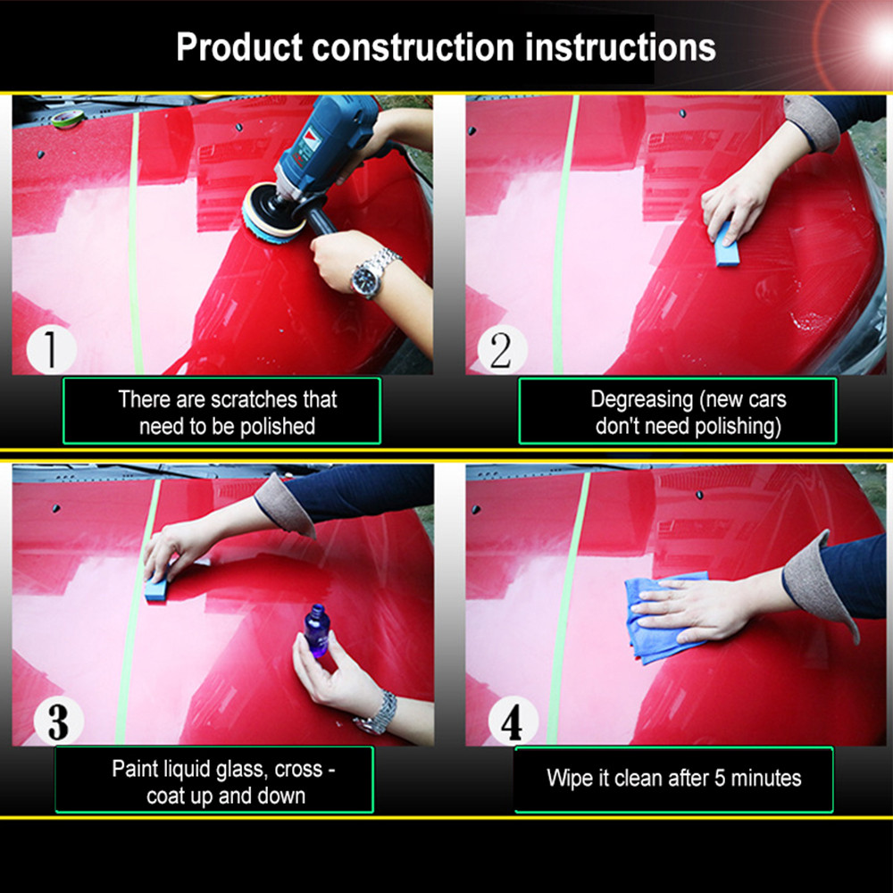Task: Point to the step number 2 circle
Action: (502, 348)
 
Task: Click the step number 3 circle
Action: (57, 720)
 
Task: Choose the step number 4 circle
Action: (511, 721)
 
